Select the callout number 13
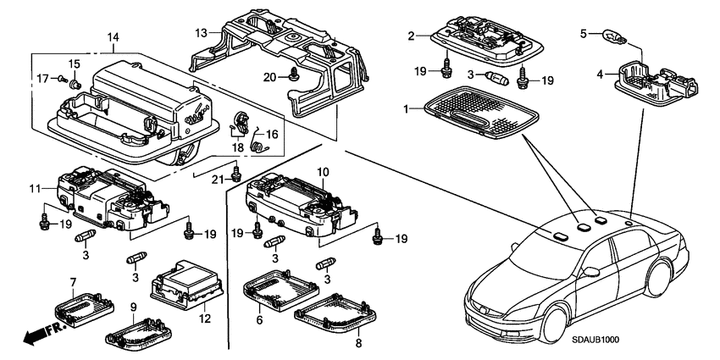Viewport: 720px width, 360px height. point(201,32)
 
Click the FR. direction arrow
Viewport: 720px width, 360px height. point(34,333)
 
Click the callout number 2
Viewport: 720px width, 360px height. point(411,36)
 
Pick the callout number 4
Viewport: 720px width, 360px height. point(599,74)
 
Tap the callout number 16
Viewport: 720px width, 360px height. point(272,134)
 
